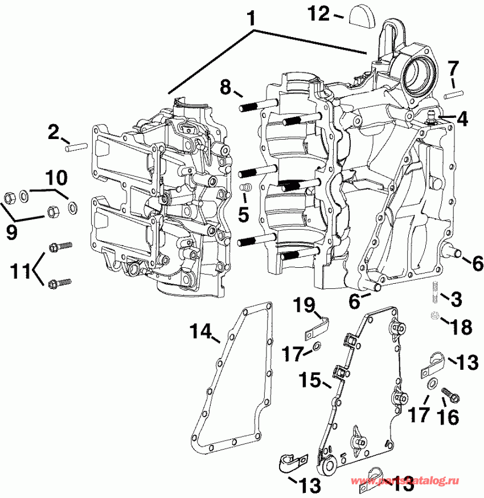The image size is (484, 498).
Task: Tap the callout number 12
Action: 320,13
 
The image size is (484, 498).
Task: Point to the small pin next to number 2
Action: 76,148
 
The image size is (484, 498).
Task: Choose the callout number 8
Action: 225,87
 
